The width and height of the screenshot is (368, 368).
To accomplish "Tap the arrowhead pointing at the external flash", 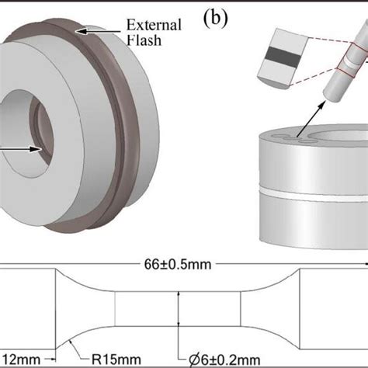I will tap(81, 30).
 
